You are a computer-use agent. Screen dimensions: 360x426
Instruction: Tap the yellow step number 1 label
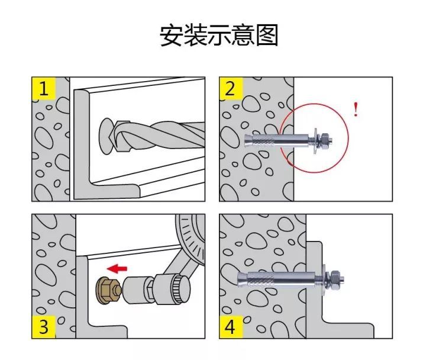(43, 89)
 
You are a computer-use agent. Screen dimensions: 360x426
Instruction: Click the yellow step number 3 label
(43, 326)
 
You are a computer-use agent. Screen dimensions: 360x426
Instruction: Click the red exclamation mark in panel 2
(356, 110)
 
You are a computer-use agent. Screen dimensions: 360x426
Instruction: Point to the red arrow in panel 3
(118, 268)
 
